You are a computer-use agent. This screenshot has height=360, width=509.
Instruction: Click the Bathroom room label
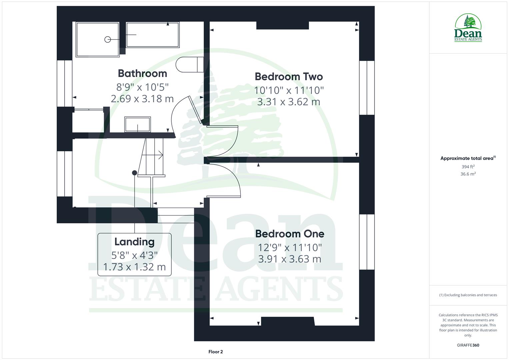142,73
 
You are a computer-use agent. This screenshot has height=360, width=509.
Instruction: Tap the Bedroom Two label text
289,77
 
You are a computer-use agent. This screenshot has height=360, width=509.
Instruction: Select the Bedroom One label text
289,234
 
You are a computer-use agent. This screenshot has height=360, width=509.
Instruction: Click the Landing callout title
134,242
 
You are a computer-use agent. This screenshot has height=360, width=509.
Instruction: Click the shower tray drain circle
108,39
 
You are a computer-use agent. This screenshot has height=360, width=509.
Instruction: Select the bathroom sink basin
137,124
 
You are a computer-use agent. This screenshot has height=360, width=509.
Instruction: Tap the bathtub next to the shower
153,35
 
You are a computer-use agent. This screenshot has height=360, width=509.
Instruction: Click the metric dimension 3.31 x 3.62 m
289,102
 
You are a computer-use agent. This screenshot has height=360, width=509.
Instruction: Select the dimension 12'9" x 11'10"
290,247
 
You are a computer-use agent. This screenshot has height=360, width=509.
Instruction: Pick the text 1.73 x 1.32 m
134,267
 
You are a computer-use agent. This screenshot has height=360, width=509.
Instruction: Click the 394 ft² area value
468,167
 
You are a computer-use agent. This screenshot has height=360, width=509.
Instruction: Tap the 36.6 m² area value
468,174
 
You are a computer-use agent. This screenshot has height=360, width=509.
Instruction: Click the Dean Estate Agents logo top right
468,28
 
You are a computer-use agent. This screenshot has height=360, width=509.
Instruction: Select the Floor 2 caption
215,352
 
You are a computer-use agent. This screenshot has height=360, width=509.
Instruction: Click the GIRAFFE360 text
468,345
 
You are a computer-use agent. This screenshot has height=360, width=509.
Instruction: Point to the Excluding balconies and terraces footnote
468,295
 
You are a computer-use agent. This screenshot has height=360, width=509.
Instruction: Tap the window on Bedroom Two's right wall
367,88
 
